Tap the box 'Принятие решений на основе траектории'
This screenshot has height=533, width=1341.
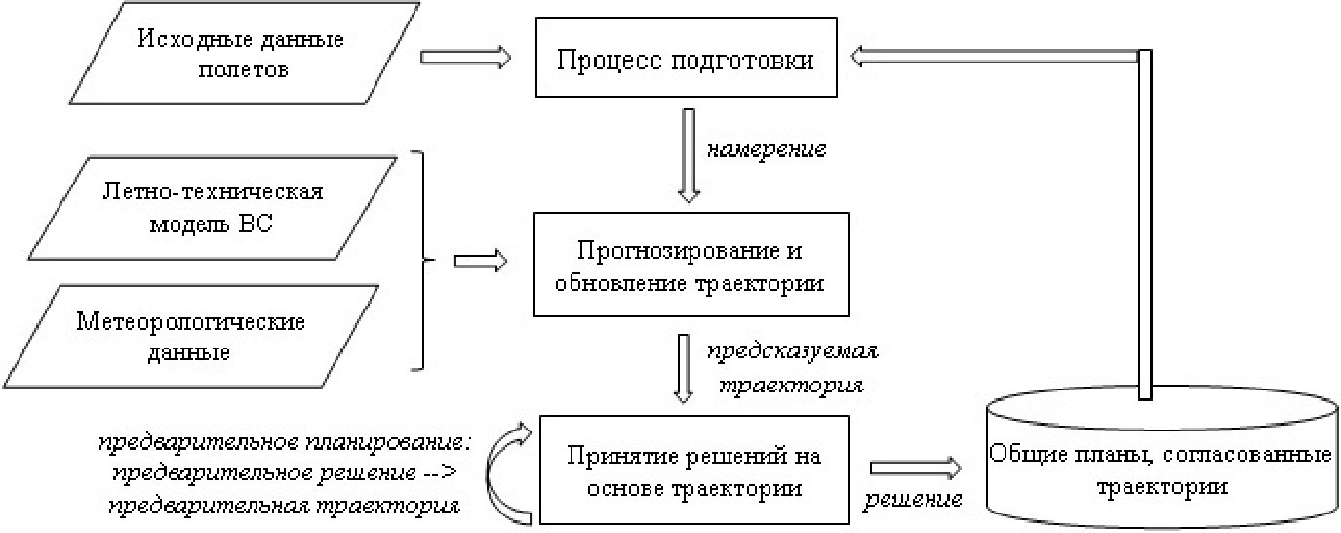tap(691, 471)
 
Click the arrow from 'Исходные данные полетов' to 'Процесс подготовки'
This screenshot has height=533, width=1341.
tap(465, 58)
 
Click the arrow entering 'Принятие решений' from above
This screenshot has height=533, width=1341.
tap(686, 367)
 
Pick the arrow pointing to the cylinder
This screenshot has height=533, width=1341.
tap(913, 467)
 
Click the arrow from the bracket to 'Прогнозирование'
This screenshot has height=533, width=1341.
tap(481, 262)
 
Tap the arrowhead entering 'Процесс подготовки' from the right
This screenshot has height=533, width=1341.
tap(862, 59)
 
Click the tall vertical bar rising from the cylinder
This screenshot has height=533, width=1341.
tap(1146, 225)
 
